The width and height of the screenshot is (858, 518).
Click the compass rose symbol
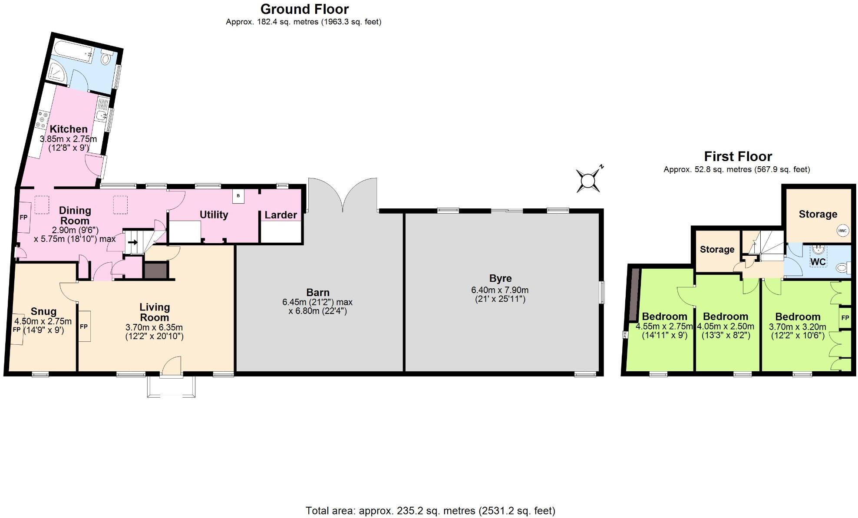coord(588,180)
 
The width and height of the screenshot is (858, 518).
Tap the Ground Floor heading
coord(304,9)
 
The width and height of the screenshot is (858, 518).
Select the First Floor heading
coord(738,156)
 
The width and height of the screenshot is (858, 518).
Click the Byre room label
coord(500,278)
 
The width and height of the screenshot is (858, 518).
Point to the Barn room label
coord(318,293)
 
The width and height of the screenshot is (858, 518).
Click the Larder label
coord(280,215)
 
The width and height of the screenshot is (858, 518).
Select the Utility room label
coord(214,214)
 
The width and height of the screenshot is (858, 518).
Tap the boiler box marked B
coord(238,196)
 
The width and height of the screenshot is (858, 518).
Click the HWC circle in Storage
coord(842,231)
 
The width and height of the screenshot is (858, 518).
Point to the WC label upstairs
coord(818,262)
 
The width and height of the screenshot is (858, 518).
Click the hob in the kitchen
coord(42,120)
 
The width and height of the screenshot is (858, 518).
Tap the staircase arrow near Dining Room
coord(133,242)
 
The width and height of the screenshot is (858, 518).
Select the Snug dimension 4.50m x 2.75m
coord(43,322)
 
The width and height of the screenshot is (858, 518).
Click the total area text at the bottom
coord(430,511)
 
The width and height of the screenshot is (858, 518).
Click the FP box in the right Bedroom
coord(845,318)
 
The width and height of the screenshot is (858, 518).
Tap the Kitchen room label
coord(69,129)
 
